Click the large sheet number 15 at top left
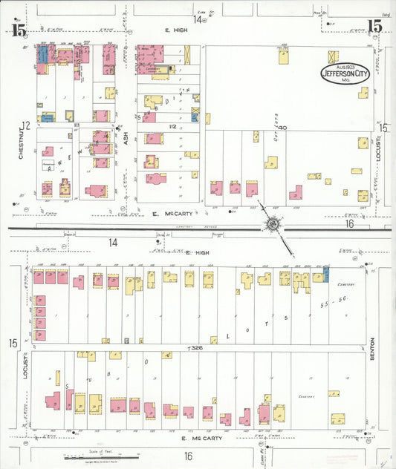[19, 30]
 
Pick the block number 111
[77, 126]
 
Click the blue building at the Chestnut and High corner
[42, 55]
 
